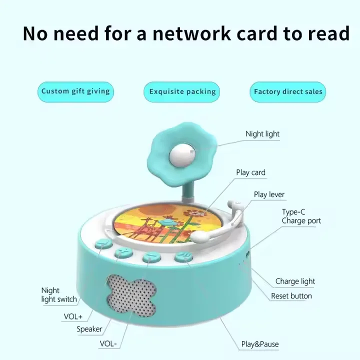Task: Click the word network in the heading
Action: point(191,33)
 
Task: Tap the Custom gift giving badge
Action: point(76,92)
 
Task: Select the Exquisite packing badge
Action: point(182,92)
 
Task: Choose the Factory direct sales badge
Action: point(288,92)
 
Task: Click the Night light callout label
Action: point(262,134)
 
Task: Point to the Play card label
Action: point(250,172)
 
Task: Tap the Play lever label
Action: point(269,194)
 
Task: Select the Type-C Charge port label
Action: point(301,216)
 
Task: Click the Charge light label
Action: point(295,281)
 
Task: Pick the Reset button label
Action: point(291,296)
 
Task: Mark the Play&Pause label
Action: point(260,344)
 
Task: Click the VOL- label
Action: point(108,343)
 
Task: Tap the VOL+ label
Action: point(73,317)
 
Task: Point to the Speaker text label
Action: point(89,329)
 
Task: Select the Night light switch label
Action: point(59,295)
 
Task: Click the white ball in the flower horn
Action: point(182,156)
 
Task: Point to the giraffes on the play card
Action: point(149,230)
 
